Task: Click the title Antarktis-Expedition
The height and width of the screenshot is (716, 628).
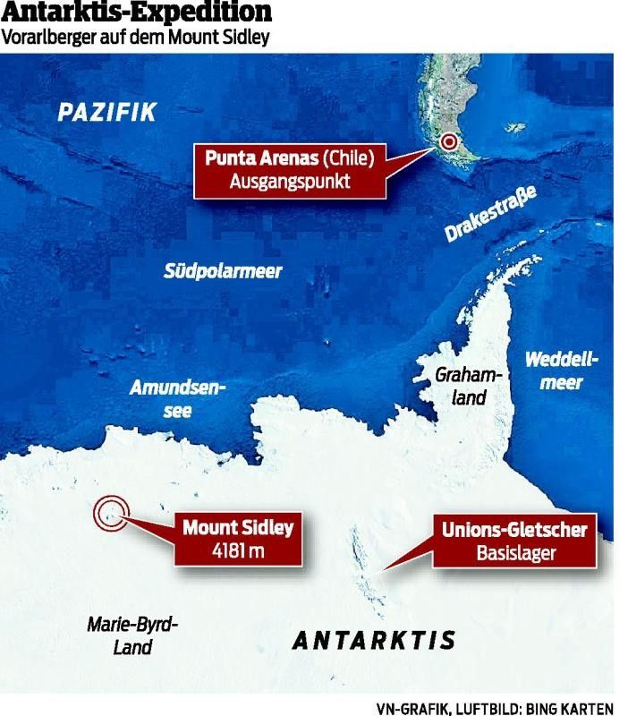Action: [137, 14]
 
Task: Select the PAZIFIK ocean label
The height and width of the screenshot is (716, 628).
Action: [106, 113]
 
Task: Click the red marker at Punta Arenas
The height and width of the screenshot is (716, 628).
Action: [449, 142]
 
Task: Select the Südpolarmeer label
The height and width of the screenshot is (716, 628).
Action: [222, 271]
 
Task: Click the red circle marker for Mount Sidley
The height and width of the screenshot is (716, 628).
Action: [112, 513]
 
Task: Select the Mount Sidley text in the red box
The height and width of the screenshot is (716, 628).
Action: [238, 528]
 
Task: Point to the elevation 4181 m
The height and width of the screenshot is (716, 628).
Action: [237, 550]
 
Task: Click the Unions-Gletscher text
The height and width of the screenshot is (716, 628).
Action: [514, 530]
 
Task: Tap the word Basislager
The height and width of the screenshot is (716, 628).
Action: [514, 553]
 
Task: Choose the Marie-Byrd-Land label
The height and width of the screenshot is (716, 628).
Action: [133, 635]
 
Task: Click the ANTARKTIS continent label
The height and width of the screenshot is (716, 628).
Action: [374, 641]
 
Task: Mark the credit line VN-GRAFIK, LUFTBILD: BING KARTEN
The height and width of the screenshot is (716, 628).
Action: [495, 707]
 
